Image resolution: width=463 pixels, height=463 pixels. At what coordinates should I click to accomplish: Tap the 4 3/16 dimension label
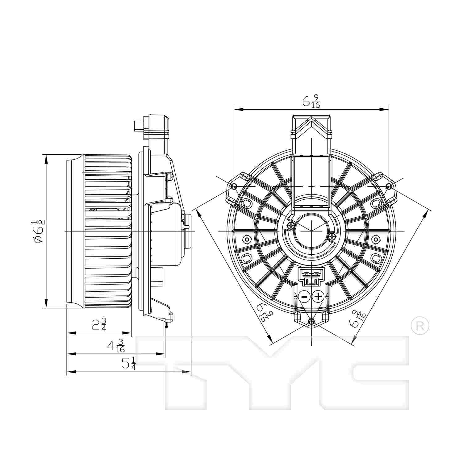point(116,346)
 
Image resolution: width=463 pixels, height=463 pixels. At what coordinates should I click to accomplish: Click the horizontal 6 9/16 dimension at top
point(311,101)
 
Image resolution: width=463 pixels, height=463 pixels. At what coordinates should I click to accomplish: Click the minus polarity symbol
point(304,297)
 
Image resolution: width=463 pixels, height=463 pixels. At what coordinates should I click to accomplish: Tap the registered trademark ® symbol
point(420,326)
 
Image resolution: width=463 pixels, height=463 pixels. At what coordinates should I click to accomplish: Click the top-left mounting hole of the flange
point(234,186)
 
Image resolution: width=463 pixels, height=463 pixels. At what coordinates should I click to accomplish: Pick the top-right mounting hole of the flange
point(389,186)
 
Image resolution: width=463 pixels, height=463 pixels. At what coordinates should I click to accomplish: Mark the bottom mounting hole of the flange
point(312,322)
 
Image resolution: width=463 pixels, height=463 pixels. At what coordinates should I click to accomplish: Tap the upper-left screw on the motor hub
point(290,226)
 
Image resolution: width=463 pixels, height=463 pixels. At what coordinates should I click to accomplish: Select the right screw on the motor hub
point(332,237)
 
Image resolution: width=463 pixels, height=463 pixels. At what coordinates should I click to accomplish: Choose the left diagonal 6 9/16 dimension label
point(262,312)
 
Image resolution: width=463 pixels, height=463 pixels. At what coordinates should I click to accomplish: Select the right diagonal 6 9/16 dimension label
point(358,318)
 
